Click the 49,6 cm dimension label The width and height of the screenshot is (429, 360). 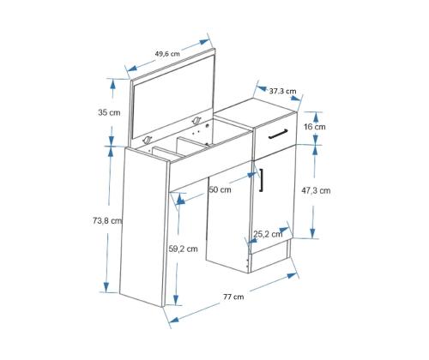(167, 53)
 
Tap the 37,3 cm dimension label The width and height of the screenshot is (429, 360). (282, 91)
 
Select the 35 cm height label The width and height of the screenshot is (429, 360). (109, 112)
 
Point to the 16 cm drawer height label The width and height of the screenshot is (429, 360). (315, 127)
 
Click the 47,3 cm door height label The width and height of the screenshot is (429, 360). (316, 190)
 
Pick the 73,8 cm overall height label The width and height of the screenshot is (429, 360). (107, 220)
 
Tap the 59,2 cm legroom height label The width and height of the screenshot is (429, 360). (183, 249)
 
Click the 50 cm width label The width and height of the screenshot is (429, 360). (220, 189)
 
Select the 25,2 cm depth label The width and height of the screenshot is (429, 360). (268, 234)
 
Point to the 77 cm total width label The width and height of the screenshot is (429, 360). (233, 297)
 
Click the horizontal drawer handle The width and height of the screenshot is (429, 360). (278, 134)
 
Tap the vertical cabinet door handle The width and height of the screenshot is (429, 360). (261, 180)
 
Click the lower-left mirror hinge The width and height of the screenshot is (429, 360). (148, 140)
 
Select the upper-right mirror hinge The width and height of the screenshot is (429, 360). (196, 120)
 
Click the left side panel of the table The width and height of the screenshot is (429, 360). (143, 227)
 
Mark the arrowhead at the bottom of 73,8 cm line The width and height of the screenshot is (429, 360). (106, 286)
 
